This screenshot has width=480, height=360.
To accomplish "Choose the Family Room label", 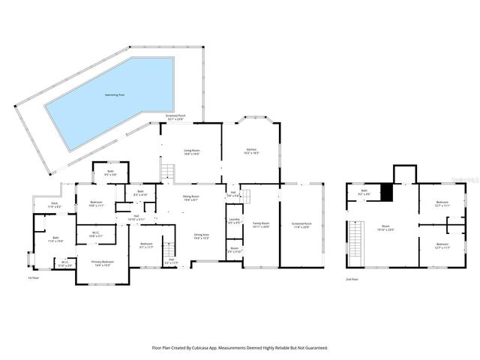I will coord(260,224).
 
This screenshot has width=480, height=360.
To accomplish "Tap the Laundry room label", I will coord(233,221).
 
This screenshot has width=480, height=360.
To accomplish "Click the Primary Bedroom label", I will coord(101,263).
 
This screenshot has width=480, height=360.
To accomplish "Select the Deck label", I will coord(55,204).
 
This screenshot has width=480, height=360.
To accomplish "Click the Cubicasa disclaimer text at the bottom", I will coord(240,347).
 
